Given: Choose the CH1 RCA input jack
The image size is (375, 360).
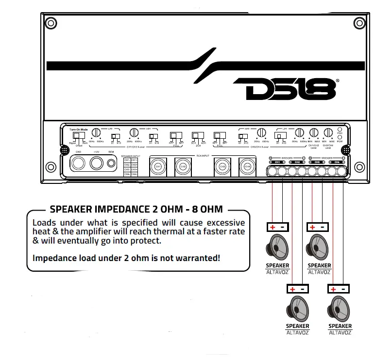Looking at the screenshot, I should [x=157, y=166].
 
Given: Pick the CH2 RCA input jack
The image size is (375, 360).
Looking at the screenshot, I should [x=183, y=166].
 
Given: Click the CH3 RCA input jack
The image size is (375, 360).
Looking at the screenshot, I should [x=222, y=166].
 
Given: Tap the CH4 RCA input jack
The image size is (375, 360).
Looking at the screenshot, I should [x=247, y=166].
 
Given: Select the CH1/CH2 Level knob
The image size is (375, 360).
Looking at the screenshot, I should [x=314, y=132].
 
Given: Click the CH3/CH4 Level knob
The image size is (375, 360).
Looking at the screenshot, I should [x=328, y=132].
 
